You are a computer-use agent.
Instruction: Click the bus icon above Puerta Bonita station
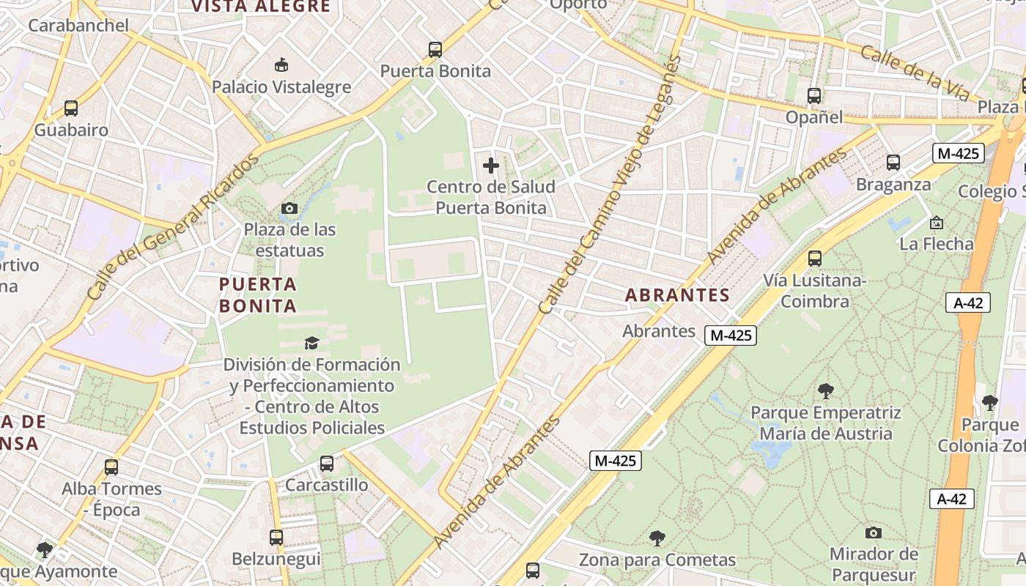click(x=435, y=50)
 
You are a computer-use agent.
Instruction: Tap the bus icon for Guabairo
click(x=71, y=108)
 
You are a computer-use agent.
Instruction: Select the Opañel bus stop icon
click(x=813, y=96)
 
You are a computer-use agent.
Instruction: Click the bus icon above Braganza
click(x=893, y=163)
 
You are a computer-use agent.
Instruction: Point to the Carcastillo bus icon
click(x=327, y=464)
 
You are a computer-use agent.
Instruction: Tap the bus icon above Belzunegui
click(x=276, y=538)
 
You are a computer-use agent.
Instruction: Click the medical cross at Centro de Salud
click(x=491, y=166)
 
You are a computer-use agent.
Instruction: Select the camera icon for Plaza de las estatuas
click(x=289, y=209)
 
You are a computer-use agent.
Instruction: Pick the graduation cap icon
click(x=311, y=343)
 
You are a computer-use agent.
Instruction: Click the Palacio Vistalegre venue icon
click(x=281, y=65)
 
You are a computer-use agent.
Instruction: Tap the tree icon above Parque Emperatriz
click(x=826, y=391)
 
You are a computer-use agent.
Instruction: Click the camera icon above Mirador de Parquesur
click(x=873, y=533)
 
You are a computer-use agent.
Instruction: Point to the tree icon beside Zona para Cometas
click(x=657, y=538)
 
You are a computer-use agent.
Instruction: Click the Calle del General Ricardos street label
click(x=173, y=226)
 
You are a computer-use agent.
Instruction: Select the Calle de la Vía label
click(x=915, y=74)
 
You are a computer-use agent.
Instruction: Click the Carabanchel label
click(x=78, y=26)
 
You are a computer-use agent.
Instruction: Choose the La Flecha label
click(x=937, y=243)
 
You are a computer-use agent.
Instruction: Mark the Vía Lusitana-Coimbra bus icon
click(x=814, y=259)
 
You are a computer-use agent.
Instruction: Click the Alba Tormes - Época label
click(x=111, y=499)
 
